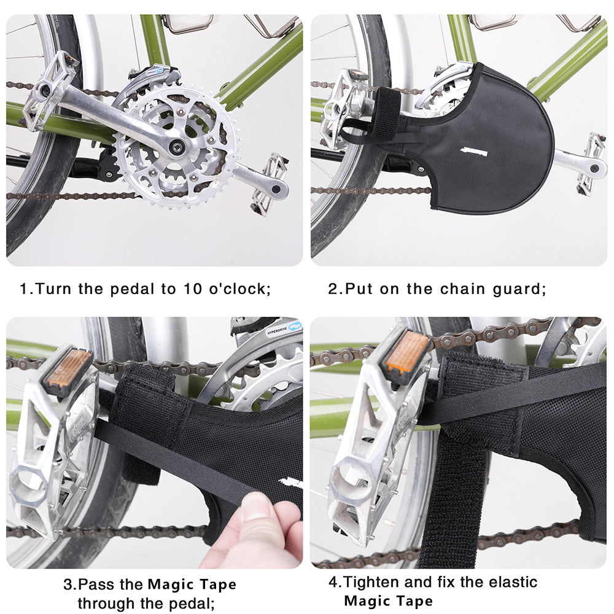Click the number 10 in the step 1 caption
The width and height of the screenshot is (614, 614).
(x=192, y=289)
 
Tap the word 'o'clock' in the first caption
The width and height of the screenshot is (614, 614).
(x=238, y=289)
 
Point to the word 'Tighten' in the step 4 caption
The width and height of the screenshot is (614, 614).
(x=371, y=582)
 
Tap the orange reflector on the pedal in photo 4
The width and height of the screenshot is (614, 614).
(x=406, y=351)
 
